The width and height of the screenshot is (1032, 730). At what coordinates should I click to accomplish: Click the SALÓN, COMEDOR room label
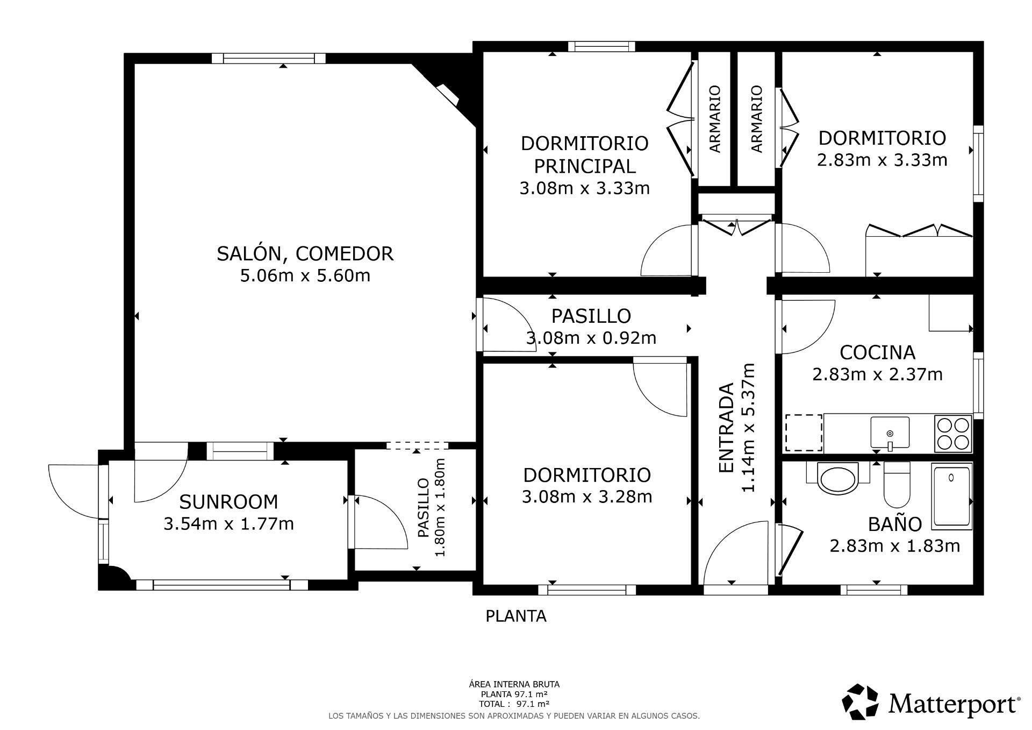click(x=305, y=253)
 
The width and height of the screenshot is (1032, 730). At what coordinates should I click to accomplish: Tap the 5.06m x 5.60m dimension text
click(x=305, y=276)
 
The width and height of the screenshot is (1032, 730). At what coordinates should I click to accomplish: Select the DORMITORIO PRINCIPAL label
click(x=584, y=155)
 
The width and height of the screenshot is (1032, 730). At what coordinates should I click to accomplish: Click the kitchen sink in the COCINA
click(x=890, y=433)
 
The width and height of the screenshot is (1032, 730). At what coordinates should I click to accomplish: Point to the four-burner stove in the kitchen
click(x=953, y=434)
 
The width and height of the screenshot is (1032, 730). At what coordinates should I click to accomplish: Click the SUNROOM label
click(x=228, y=502)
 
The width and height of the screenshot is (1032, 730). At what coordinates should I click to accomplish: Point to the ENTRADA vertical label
click(x=726, y=428)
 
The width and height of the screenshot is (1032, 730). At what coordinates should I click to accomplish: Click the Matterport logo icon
click(x=860, y=701)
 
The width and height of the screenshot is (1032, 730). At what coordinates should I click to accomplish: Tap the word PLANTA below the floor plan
click(x=516, y=616)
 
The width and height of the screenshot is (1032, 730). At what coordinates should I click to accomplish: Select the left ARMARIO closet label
click(x=714, y=119)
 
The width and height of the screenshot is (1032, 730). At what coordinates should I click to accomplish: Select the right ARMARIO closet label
click(x=756, y=119)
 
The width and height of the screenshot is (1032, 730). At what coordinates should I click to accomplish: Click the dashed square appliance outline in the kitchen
click(x=804, y=433)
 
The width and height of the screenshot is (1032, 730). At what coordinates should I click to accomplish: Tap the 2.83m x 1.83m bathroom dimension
click(x=894, y=546)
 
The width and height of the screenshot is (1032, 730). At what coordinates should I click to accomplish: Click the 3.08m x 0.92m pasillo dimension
click(x=591, y=338)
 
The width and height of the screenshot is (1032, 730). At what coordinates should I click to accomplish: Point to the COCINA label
click(x=877, y=352)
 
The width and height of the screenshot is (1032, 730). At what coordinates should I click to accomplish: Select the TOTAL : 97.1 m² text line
click(x=514, y=704)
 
